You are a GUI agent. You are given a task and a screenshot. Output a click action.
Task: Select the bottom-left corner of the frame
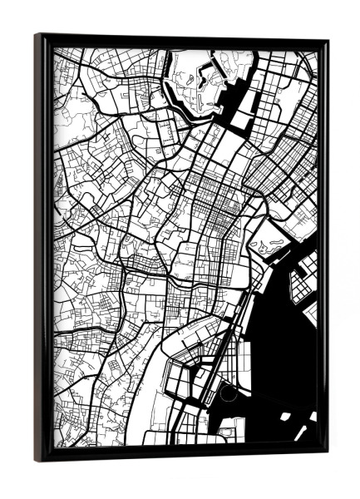(37, 460)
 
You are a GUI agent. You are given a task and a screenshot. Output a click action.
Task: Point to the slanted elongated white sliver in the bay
(300, 432)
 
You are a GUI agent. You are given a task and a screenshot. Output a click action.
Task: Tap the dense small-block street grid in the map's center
(208, 208)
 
